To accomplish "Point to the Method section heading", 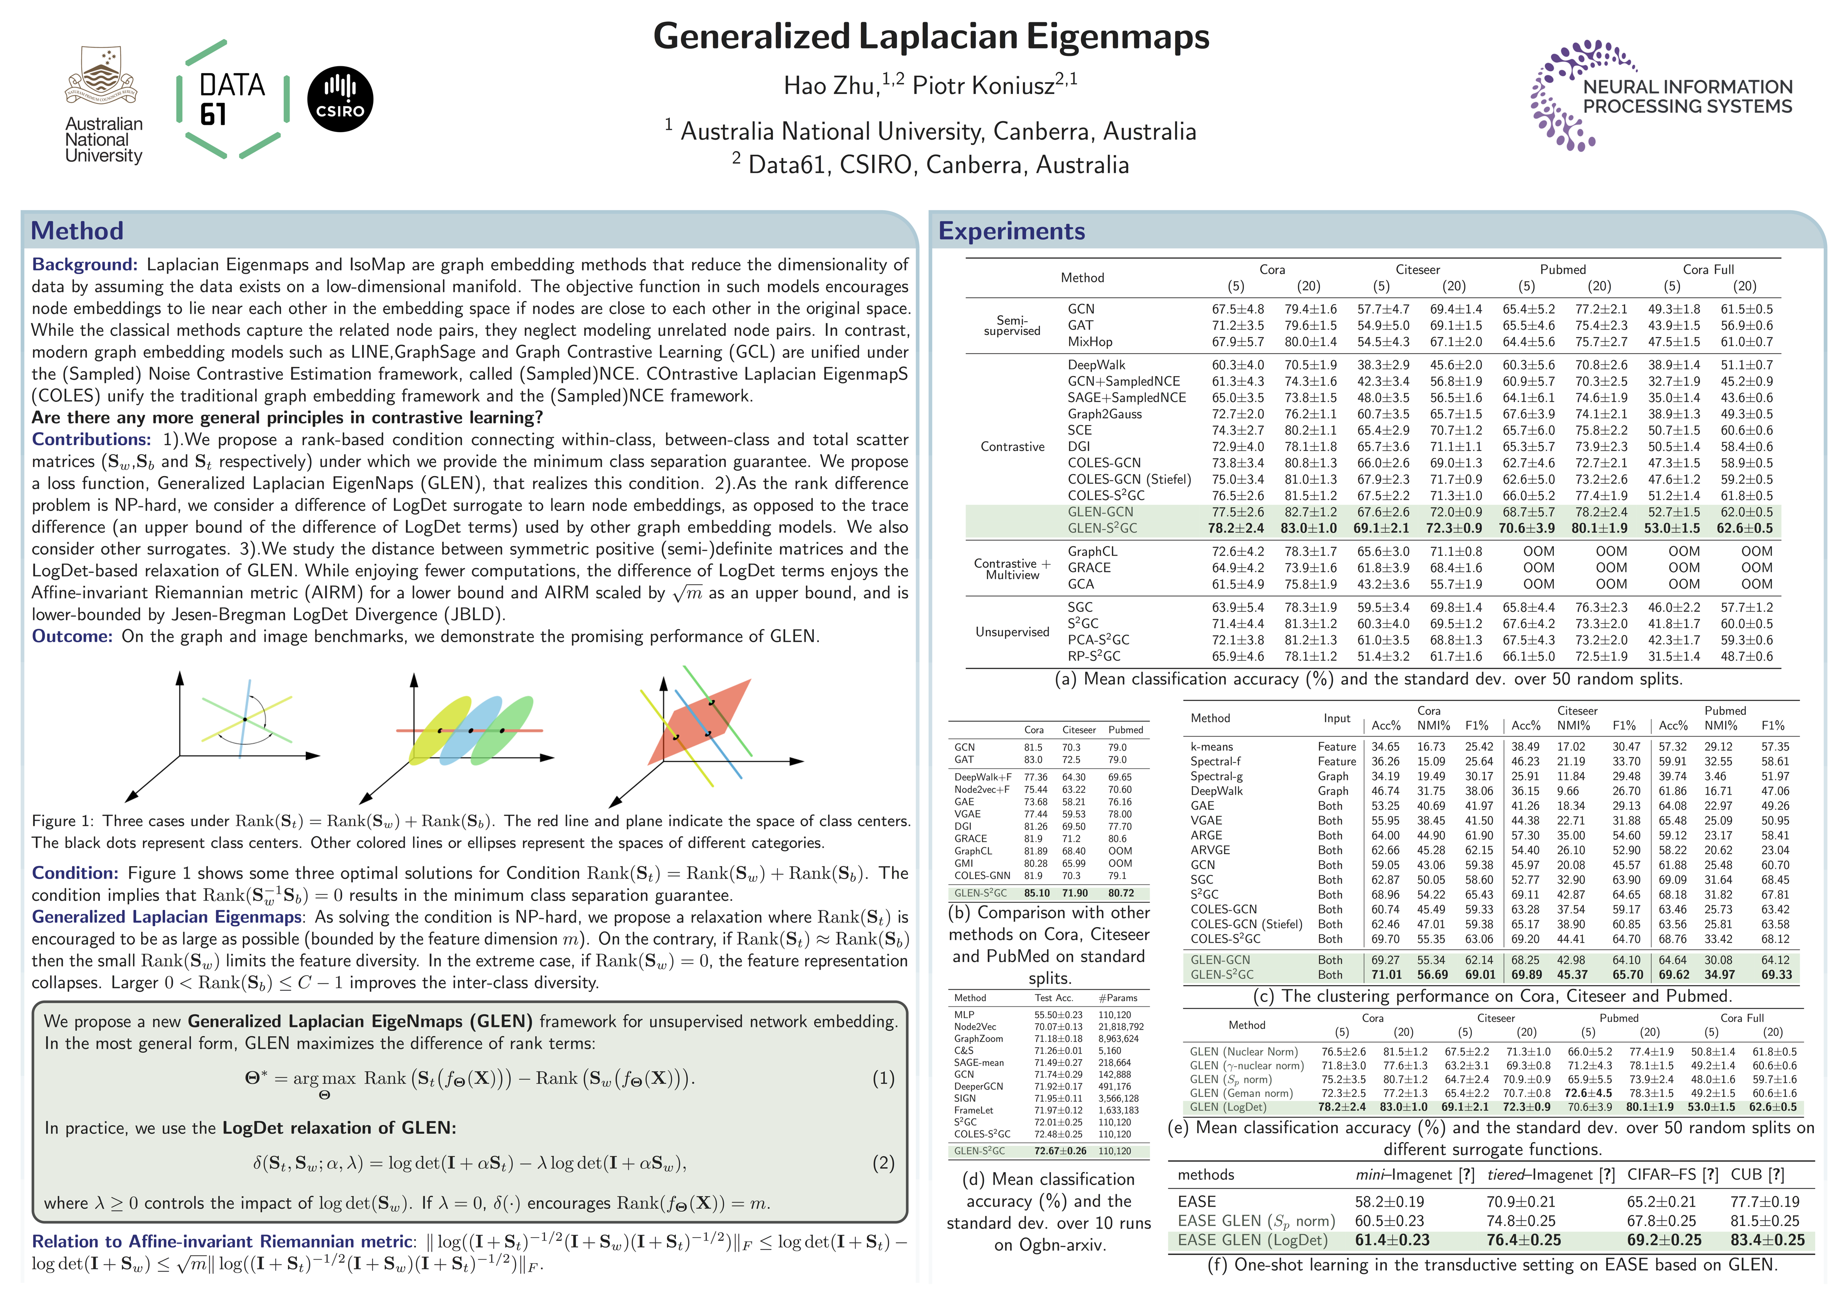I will coord(77,231).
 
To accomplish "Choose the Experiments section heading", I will coord(1011,231).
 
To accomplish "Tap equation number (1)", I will coord(883,1078).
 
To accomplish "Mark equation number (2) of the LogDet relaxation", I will coord(883,1163).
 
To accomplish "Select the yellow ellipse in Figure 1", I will coord(439,731).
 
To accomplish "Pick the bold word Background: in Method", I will coord(84,265).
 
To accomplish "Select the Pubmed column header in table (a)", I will coord(1562,270).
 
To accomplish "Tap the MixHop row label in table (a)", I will coord(1090,342).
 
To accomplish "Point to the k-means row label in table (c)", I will coord(1211,747).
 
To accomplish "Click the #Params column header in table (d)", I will coord(1118,998).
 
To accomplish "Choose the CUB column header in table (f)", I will coord(1757,1175).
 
